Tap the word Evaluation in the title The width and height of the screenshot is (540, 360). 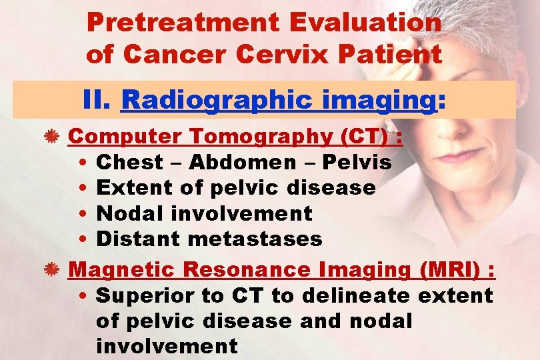365,23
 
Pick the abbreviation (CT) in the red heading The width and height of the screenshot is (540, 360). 363,137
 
